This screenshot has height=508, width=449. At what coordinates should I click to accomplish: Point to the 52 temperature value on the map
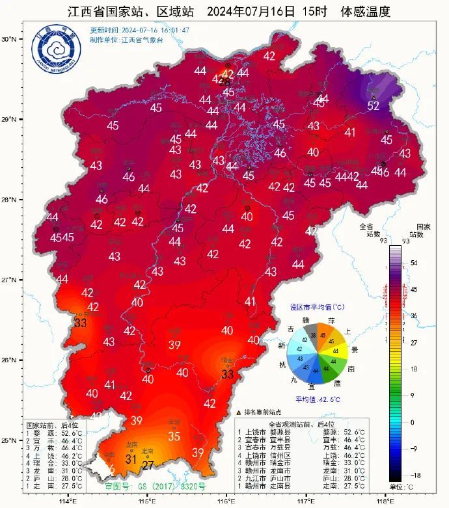tap(374, 105)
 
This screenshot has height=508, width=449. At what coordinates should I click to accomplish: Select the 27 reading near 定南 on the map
tap(148, 465)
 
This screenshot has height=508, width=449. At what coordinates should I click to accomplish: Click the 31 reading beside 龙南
tap(131, 459)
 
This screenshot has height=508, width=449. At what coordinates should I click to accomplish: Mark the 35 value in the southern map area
tap(174, 436)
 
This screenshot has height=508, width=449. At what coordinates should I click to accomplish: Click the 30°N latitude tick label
tap(8, 39)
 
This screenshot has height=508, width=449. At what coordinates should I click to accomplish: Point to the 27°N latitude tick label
tap(8, 280)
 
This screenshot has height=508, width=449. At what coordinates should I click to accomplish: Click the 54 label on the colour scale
tap(414, 263)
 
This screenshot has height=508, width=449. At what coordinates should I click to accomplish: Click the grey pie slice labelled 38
tap(314, 336)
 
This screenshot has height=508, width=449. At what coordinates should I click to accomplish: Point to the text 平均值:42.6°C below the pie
tap(318, 399)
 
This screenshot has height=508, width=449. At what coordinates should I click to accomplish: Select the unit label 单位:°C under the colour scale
tap(402, 487)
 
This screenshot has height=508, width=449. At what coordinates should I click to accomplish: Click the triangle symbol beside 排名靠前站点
tap(239, 412)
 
